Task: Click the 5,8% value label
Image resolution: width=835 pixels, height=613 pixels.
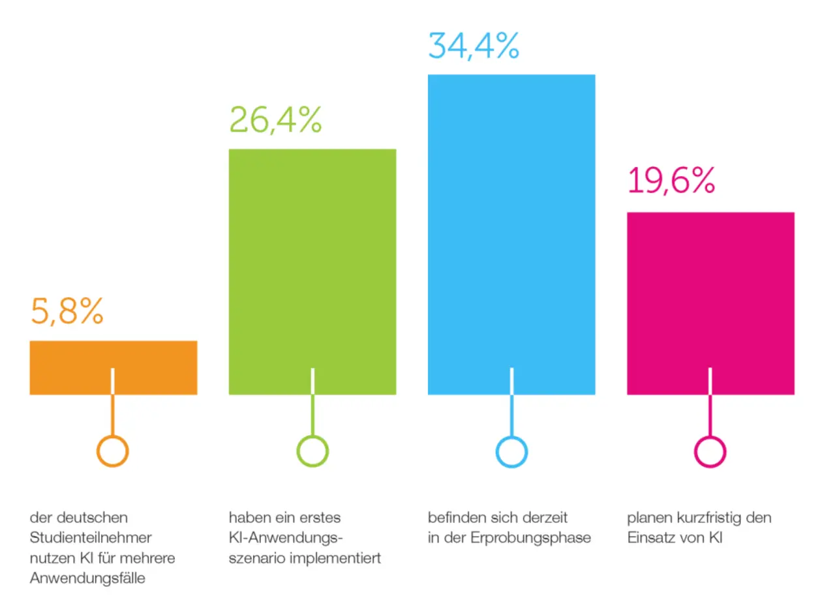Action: [x=67, y=312]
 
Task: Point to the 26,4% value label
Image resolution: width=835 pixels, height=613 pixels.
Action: [x=275, y=120]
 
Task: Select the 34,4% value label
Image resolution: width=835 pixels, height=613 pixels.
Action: [x=474, y=46]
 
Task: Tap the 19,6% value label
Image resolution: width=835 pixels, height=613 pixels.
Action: [x=671, y=181]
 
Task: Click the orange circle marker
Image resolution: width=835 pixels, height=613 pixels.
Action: [x=113, y=451]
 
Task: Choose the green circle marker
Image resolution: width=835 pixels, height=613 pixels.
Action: [x=312, y=451]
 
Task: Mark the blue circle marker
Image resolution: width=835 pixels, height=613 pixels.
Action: [x=511, y=451]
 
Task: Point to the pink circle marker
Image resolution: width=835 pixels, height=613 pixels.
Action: [x=710, y=451]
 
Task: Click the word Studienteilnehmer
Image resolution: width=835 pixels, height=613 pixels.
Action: [x=91, y=538]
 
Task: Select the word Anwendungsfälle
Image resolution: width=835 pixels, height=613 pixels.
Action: [x=87, y=578]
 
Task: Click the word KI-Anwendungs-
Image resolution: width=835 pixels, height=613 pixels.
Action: [x=286, y=538]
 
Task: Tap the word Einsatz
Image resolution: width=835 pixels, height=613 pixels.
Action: [x=652, y=538]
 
